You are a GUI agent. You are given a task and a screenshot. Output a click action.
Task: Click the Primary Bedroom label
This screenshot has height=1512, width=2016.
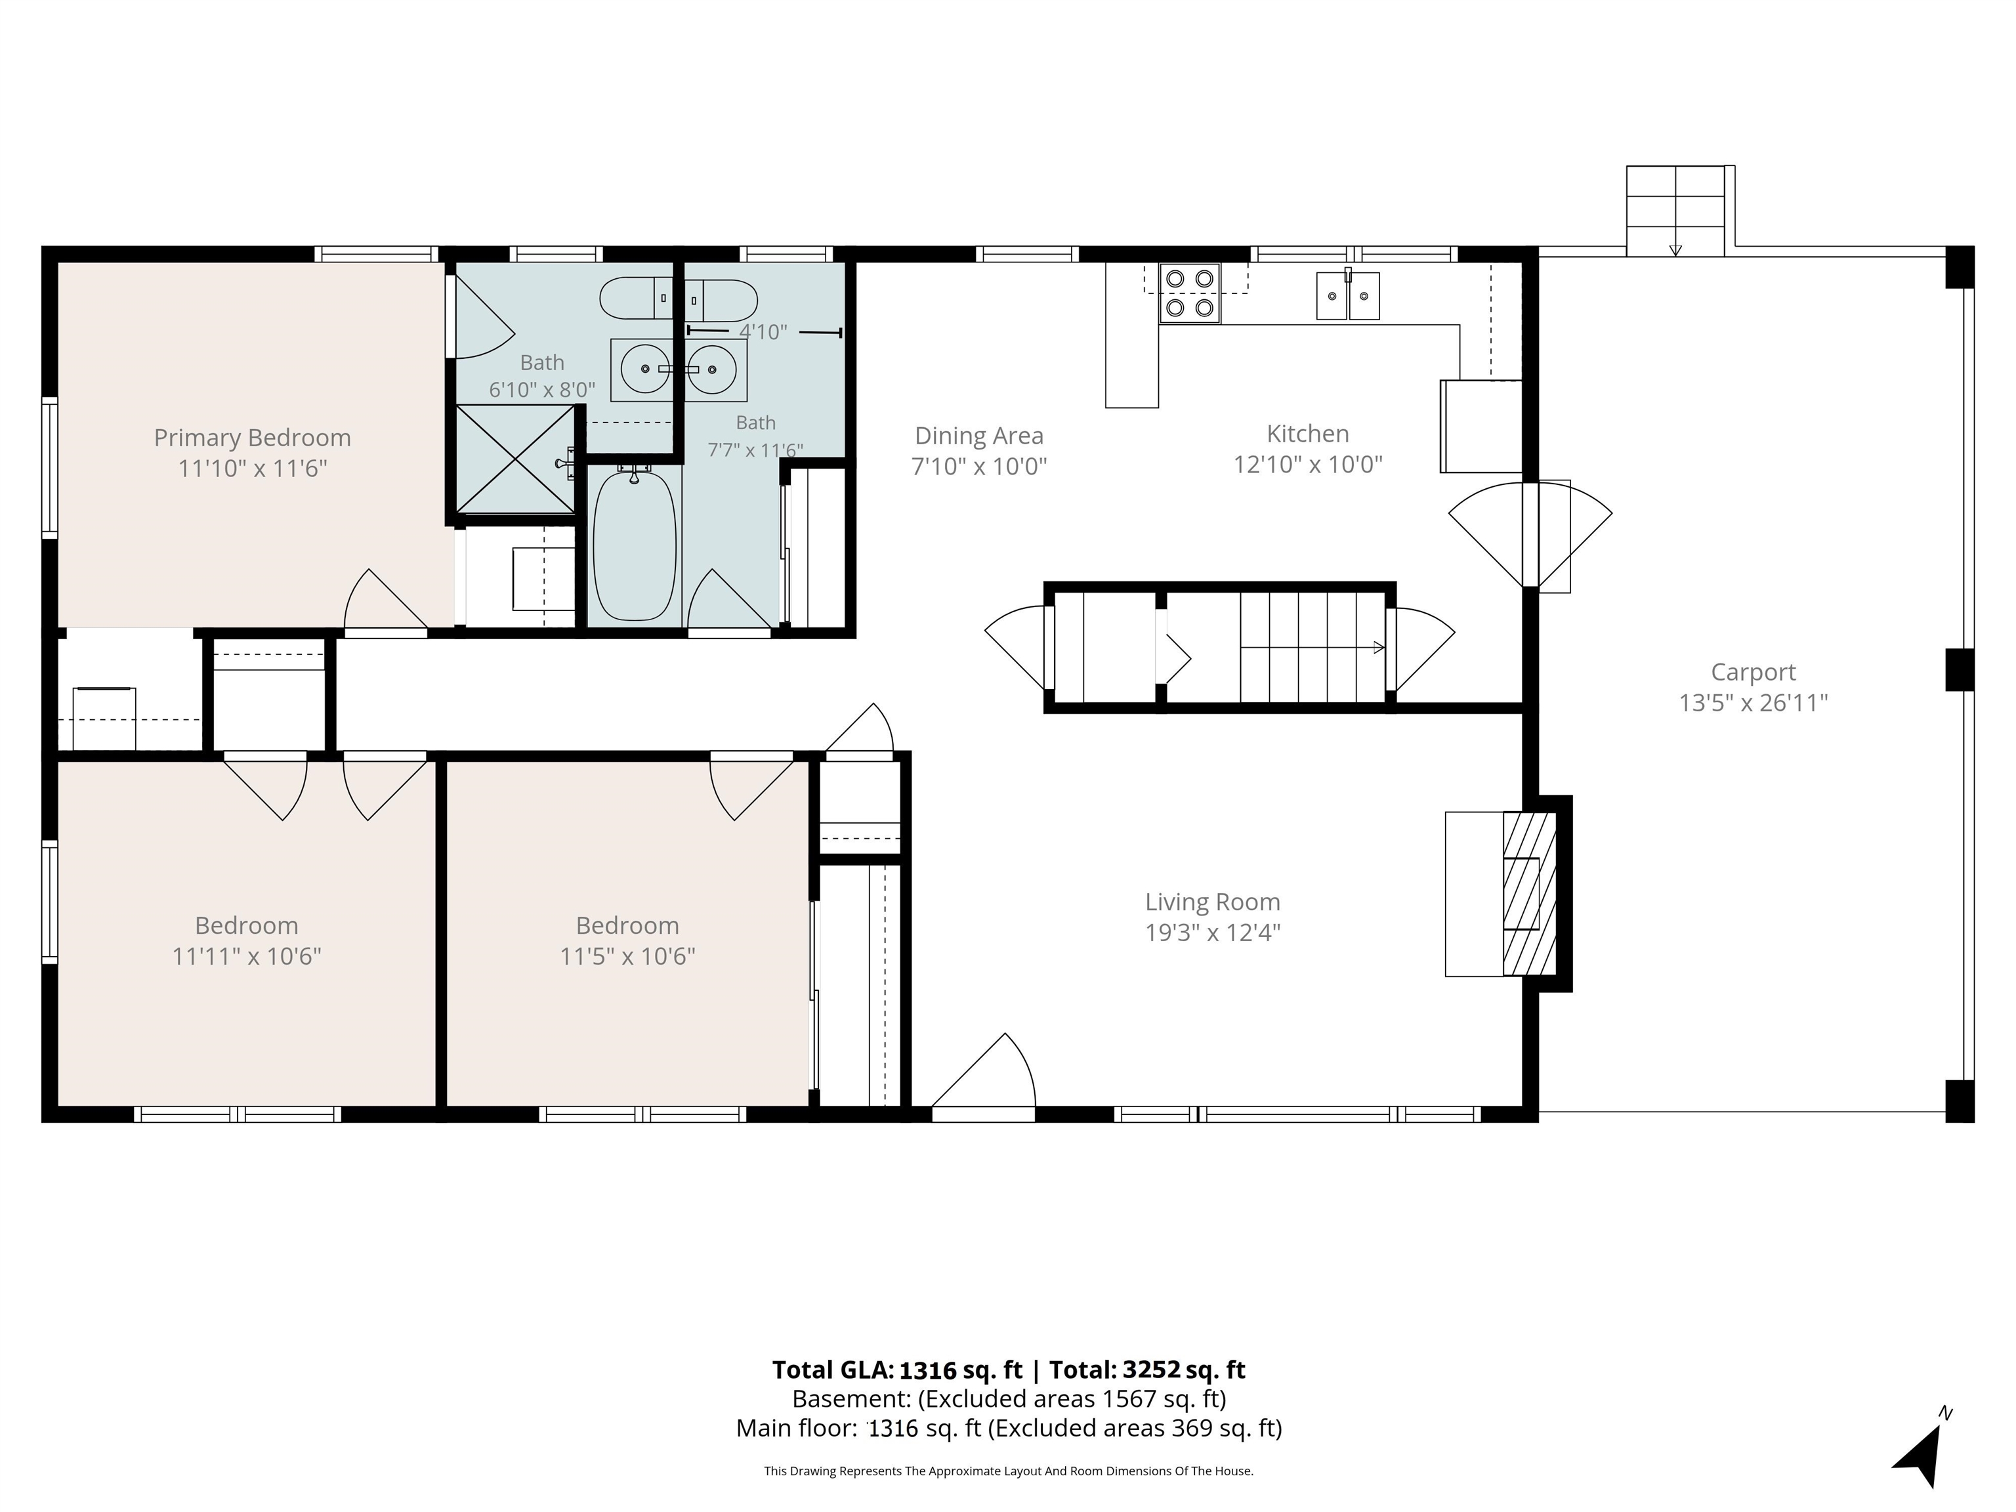[x=253, y=438]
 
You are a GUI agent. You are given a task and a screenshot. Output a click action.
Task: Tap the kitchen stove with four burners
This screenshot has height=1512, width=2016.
[x=1189, y=293]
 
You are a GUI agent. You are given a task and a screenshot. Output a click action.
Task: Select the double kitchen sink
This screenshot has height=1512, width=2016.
[x=1347, y=295]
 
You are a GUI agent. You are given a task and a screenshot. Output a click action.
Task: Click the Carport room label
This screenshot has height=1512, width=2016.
[x=1753, y=673]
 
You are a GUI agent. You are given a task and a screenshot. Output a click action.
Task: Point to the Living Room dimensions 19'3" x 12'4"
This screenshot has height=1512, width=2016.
[x=1213, y=933]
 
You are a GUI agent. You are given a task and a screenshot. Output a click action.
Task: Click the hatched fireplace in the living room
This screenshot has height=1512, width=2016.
[x=1528, y=893]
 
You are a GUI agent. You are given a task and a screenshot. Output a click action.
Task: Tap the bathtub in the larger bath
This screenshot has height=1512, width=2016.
[x=635, y=545]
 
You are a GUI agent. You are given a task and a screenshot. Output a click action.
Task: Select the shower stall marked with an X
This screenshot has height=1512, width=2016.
[x=515, y=459]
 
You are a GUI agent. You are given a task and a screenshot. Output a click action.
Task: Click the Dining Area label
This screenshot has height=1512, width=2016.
[x=979, y=436]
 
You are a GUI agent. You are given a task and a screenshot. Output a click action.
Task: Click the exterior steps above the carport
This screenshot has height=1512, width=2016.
[x=1675, y=211]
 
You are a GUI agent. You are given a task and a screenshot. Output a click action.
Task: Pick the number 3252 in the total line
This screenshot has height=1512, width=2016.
[x=1152, y=1370]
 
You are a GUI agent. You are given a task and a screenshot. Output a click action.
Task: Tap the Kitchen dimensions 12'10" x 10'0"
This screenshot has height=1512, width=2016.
[x=1308, y=465]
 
